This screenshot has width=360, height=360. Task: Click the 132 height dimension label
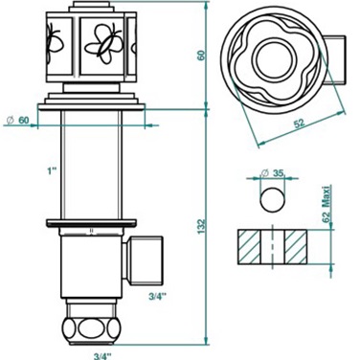[x=202, y=226]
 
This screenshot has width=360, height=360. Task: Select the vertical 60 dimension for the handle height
[x=202, y=55]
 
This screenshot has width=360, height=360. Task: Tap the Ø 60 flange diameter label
[x=18, y=120]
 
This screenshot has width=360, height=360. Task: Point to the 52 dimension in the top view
[x=299, y=124]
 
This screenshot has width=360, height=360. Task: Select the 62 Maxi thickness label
[x=326, y=203]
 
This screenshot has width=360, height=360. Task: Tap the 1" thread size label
[x=52, y=171]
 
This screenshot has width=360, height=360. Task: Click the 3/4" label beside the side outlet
[x=158, y=296]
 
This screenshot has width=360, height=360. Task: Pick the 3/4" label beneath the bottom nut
[x=102, y=355]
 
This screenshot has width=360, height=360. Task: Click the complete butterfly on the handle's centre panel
[x=103, y=44]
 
